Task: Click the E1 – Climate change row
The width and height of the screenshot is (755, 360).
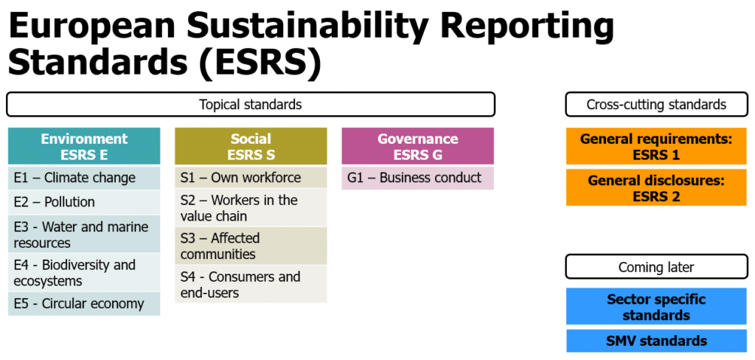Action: pos(84,178)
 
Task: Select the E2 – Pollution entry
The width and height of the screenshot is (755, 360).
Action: pos(84,202)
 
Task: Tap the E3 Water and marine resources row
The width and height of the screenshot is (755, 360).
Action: pos(84,234)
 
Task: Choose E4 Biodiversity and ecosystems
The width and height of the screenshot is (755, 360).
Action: pos(84,272)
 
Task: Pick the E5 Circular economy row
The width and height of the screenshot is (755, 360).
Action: pos(84,304)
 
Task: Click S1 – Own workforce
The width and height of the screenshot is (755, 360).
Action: pos(251,177)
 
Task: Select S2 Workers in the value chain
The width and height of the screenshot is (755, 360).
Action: pos(251,208)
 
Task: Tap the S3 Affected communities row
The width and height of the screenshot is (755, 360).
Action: pos(251,246)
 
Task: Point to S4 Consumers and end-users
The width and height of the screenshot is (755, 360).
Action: pos(251,284)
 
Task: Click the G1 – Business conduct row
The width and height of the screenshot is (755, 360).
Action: pos(417,178)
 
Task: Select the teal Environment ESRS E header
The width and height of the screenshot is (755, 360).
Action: pos(84,146)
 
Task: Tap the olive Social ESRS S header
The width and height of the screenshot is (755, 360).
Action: pos(251,146)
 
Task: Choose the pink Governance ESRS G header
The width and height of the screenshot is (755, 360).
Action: pos(417,146)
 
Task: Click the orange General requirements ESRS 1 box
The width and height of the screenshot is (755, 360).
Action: pos(656,147)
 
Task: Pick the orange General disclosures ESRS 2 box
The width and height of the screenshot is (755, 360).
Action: pos(656,187)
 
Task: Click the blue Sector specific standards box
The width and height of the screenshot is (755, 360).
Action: pos(656,306)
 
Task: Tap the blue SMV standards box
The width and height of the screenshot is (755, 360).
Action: pos(656,342)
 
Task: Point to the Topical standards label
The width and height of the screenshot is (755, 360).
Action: pos(251,104)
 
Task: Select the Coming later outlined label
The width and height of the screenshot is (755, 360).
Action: pos(656,266)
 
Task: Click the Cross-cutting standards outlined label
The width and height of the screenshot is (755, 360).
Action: pos(656,104)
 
